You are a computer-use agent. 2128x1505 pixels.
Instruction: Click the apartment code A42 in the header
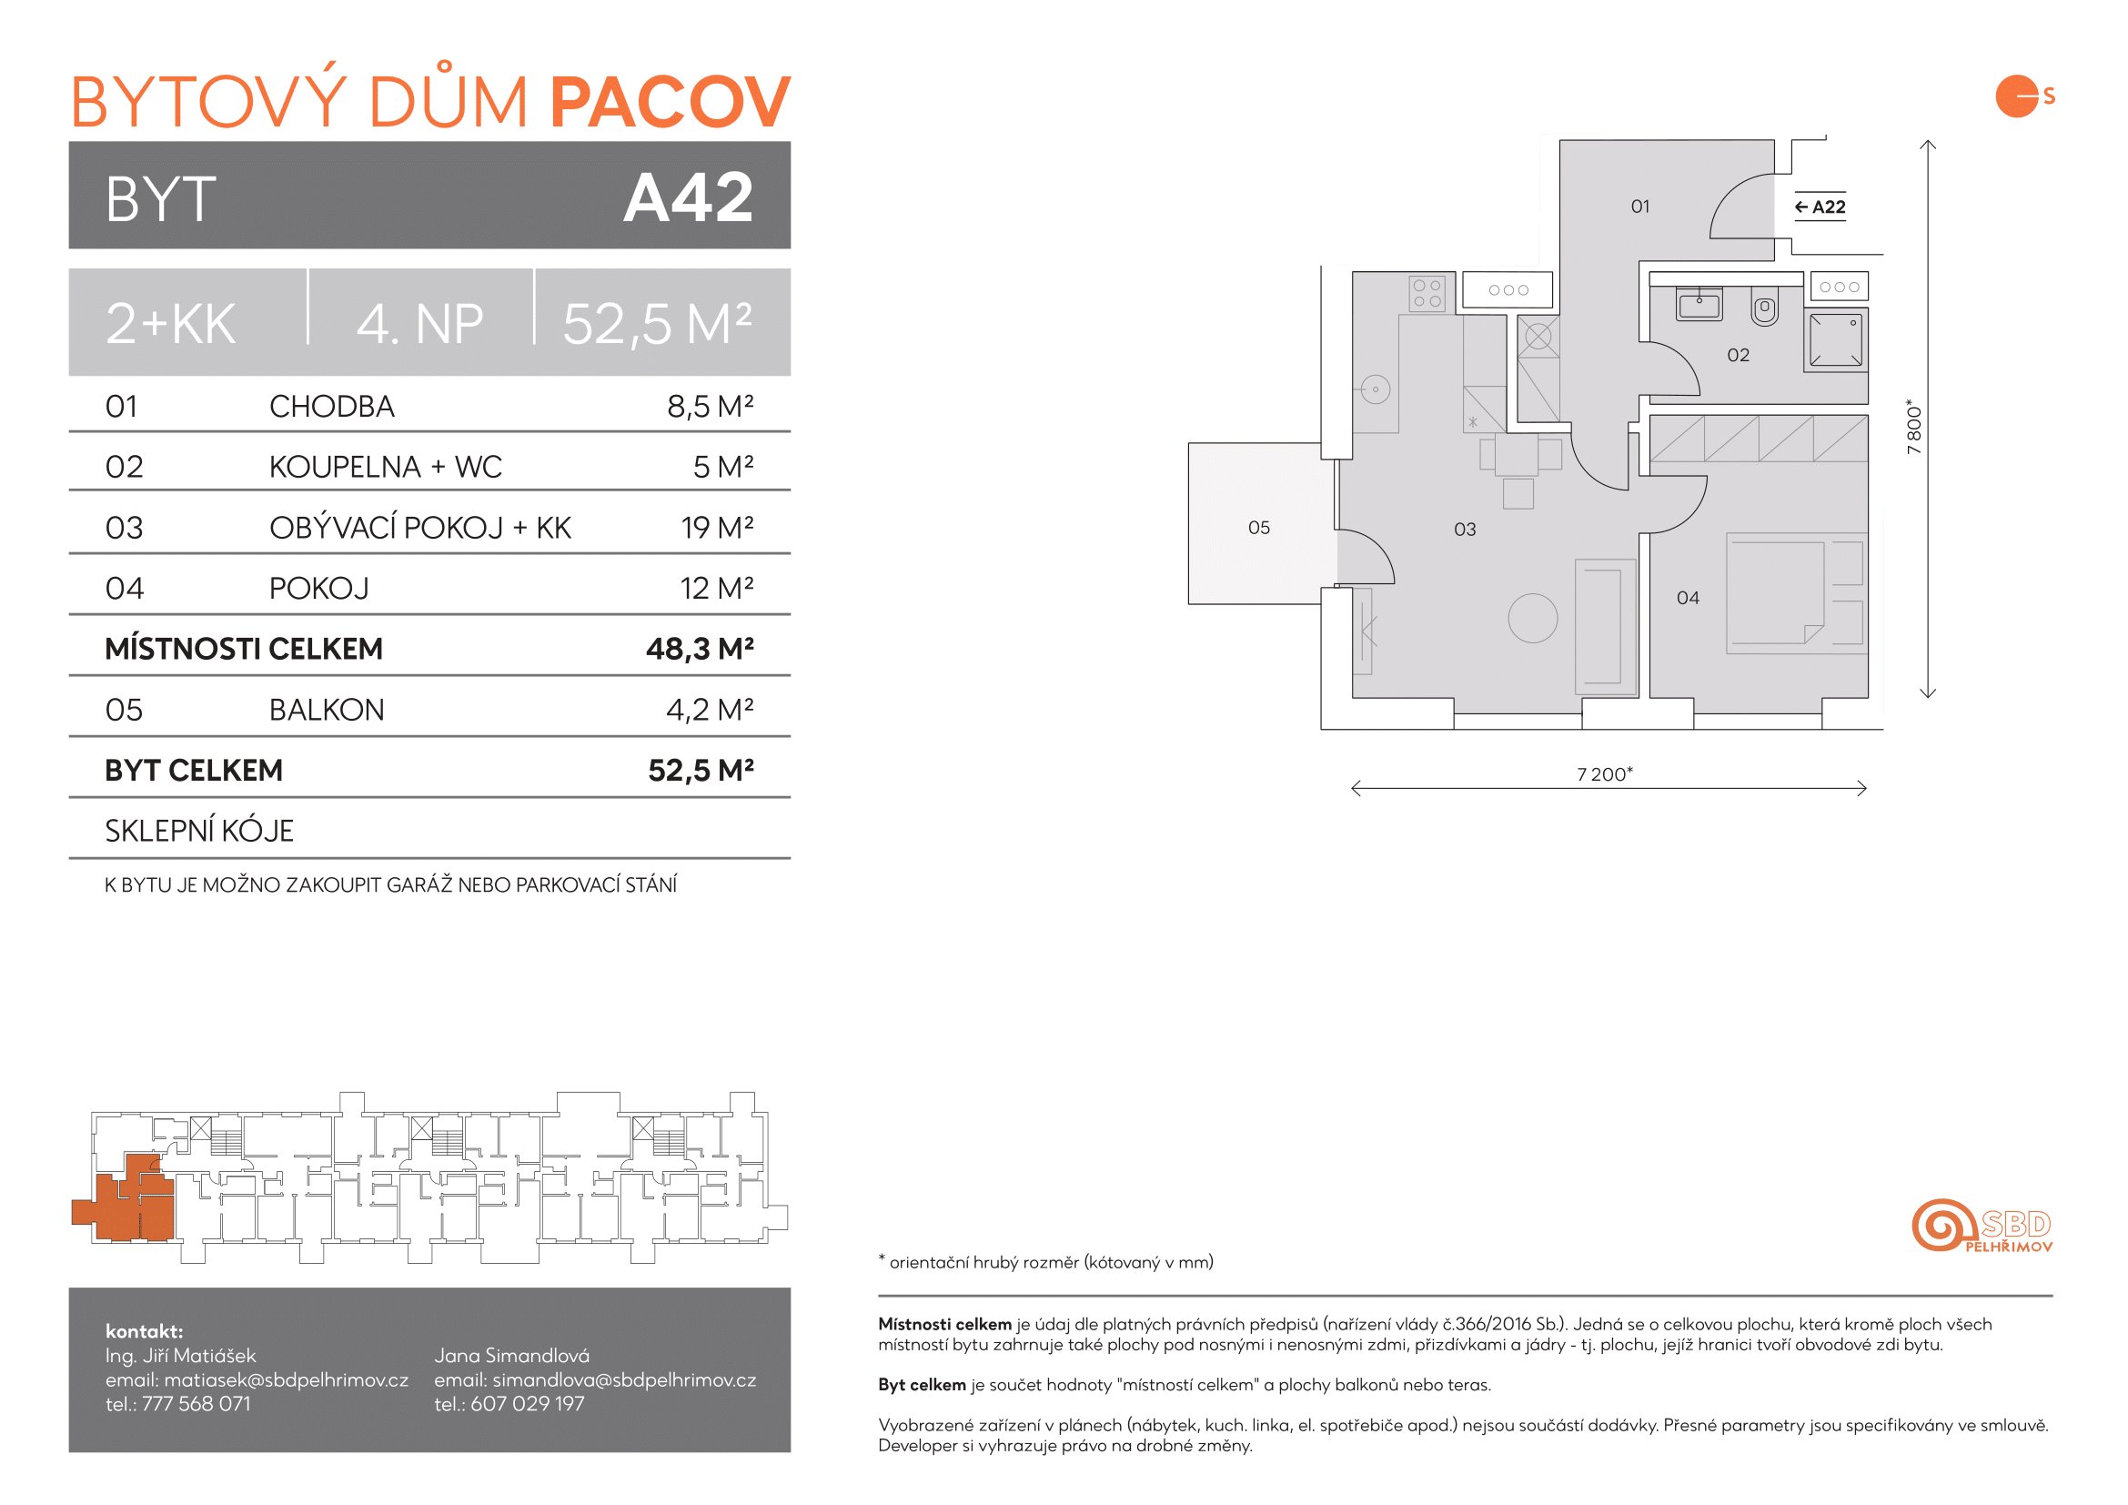coord(688,197)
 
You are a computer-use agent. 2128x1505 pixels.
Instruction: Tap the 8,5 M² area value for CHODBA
coord(710,406)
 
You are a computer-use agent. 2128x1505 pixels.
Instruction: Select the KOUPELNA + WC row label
coord(386,466)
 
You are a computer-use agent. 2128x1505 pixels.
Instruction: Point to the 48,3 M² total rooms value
coord(700,649)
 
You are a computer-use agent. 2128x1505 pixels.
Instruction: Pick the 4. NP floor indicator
coord(419,324)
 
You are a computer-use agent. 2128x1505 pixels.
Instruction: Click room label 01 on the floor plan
coord(1640,207)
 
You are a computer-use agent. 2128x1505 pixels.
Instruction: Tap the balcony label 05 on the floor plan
coord(1258,528)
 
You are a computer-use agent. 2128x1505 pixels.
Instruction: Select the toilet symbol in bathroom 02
coord(1765,307)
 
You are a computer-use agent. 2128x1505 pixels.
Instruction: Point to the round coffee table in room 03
coord(1533,617)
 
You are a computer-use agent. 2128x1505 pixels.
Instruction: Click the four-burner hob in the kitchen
coord(1427,294)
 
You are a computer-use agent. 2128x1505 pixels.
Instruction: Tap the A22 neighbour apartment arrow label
coord(1820,207)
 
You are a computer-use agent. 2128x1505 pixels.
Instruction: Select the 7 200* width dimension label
coord(1604,773)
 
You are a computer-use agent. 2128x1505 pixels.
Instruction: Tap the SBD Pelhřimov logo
coord(1982,1225)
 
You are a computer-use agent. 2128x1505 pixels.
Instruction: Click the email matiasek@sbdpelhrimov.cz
coord(287,1380)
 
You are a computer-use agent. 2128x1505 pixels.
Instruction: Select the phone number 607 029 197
coord(528,1404)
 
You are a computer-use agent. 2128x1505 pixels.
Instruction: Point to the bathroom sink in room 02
coord(1699,303)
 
